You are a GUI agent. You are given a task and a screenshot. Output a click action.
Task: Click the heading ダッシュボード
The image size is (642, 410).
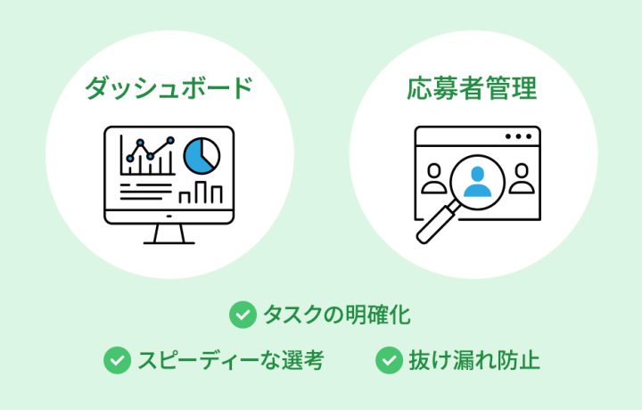click(x=169, y=88)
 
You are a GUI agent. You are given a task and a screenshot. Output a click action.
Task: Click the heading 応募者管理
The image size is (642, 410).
click(x=472, y=88)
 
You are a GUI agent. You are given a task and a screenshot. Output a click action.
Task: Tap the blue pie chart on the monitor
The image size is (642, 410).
click(x=202, y=155)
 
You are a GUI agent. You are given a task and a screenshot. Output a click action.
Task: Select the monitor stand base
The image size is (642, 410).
click(x=169, y=243)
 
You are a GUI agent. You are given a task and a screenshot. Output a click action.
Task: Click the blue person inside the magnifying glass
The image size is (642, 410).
click(x=477, y=182)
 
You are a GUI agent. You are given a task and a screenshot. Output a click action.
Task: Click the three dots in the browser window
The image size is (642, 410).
click(x=518, y=136)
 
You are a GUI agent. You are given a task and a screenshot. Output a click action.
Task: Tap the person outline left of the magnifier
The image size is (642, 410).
click(x=434, y=178)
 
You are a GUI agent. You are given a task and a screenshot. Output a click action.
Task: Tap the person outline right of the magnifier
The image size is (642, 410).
click(x=522, y=178)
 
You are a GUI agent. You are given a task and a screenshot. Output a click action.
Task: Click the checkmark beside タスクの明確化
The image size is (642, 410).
click(x=243, y=315)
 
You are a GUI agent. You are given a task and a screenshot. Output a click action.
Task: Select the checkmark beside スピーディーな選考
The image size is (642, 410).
click(x=117, y=360)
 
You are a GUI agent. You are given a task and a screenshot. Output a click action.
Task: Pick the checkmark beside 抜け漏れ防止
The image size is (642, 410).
click(x=389, y=360)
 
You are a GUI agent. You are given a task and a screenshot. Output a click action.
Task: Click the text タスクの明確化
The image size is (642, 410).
click(x=336, y=315)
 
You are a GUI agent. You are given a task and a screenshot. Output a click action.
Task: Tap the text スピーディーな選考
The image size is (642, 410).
click(x=231, y=360)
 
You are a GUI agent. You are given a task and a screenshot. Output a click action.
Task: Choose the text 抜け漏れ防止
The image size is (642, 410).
click(x=474, y=360)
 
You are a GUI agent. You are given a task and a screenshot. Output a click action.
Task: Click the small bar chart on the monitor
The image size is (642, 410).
click(x=201, y=193)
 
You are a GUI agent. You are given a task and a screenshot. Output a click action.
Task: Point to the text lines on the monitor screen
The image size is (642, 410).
click(x=145, y=192)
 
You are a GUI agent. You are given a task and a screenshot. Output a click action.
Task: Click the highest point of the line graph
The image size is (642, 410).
click(x=170, y=140)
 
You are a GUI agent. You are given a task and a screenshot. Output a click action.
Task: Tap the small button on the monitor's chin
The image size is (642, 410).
click(x=169, y=216)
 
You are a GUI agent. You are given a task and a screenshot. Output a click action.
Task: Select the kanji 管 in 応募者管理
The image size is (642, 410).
click(x=498, y=88)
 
